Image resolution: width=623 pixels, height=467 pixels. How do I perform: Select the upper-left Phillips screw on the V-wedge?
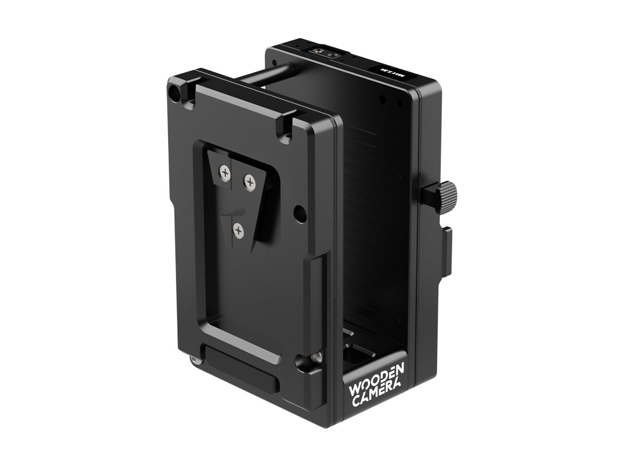(x=225, y=173)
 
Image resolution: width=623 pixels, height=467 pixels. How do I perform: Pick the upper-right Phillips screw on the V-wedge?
(x=250, y=182)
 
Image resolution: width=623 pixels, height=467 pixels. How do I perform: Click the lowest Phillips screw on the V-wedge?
(x=238, y=231)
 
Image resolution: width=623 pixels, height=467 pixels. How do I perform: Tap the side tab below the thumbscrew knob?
(x=448, y=244)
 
